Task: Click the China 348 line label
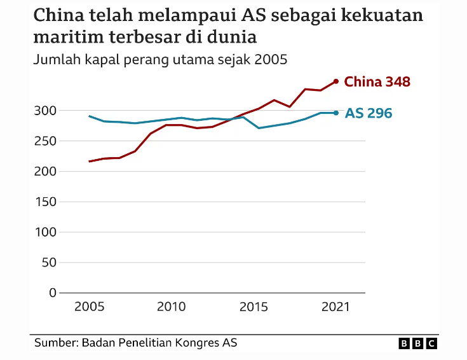click(377, 81)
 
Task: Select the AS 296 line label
click(369, 113)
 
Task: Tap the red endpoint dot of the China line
click(336, 81)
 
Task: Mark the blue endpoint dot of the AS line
click(336, 113)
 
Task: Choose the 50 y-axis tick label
click(48, 262)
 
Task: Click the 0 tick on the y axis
click(52, 293)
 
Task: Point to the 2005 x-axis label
click(90, 307)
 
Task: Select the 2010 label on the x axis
click(172, 307)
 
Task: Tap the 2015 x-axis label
click(254, 307)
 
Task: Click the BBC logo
click(418, 343)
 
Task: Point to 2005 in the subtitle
click(271, 60)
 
